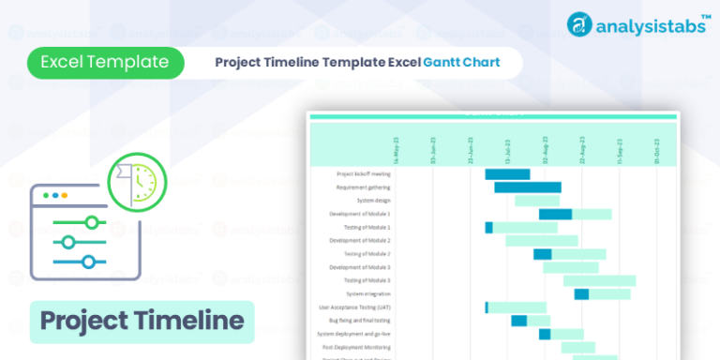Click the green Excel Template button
(x=105, y=63)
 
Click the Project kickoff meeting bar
(x=507, y=174)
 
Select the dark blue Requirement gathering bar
(x=528, y=187)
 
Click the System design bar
(x=537, y=201)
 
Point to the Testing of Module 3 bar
(x=599, y=280)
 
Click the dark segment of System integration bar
(x=581, y=294)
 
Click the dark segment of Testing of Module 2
(x=542, y=254)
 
